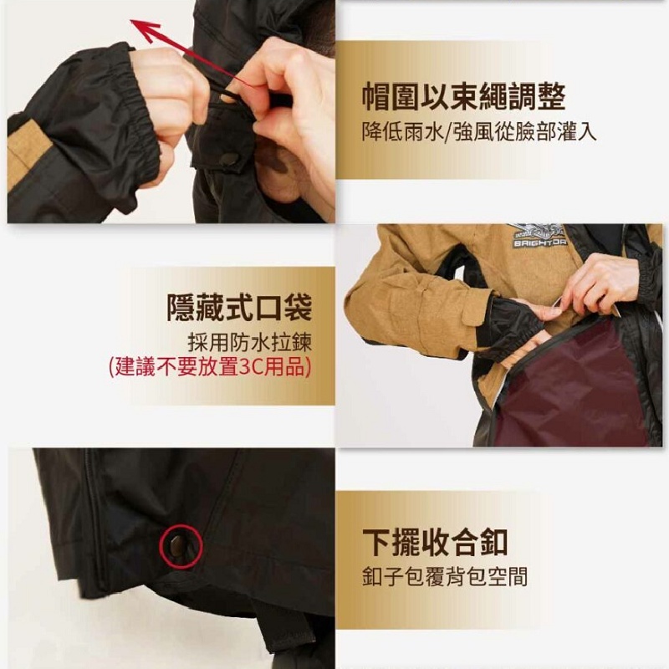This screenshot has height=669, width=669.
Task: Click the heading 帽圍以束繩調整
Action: (x=464, y=97)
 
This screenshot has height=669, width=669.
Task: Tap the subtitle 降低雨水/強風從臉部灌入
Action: (x=478, y=132)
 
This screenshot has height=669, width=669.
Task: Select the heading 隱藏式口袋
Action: (x=239, y=307)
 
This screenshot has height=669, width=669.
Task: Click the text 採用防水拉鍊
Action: (x=249, y=342)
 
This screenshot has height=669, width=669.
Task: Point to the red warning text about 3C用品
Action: (x=210, y=367)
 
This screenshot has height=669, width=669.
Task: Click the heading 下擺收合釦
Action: (x=435, y=543)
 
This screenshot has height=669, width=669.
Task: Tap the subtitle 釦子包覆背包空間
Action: (x=445, y=576)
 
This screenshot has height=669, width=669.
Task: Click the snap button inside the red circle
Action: (x=176, y=546)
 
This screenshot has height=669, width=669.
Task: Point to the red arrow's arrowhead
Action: (x=144, y=30)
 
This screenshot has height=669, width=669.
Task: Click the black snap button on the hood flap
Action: (x=228, y=159)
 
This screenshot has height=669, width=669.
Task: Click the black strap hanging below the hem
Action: (x=278, y=627)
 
